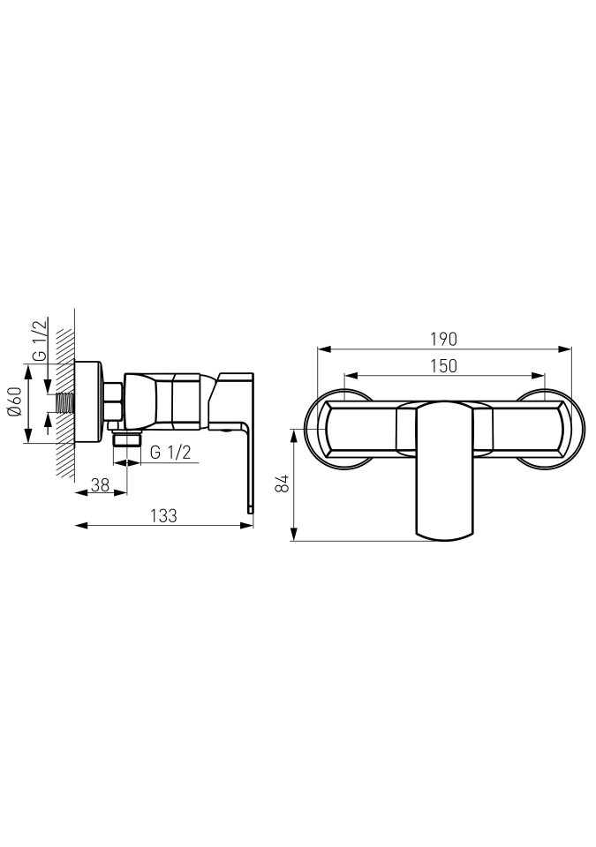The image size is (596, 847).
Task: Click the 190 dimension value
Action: click(x=443, y=339)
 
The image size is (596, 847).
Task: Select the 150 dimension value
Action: click(x=444, y=365)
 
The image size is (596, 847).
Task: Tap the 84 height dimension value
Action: click(x=282, y=483)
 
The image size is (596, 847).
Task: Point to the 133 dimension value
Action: click(x=164, y=516)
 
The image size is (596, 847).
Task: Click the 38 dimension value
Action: click(x=100, y=485)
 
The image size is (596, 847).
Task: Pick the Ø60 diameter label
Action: click(x=15, y=401)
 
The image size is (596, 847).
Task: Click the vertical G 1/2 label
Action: click(x=40, y=341)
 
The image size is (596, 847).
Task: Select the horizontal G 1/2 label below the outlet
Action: click(x=170, y=452)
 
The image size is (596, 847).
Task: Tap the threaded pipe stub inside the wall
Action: click(x=64, y=403)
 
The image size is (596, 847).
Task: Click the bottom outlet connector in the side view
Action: click(x=126, y=438)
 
